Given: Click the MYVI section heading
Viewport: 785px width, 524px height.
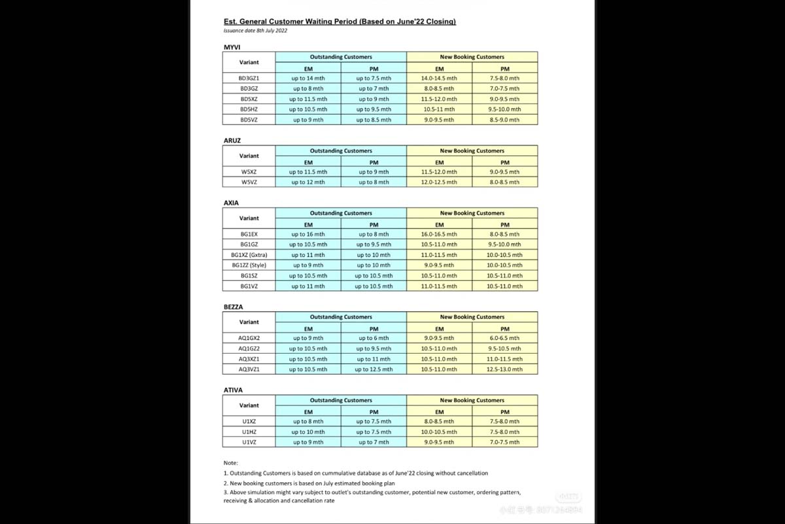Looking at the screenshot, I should [232, 47].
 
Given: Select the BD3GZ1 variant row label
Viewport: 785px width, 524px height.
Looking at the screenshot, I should [249, 78].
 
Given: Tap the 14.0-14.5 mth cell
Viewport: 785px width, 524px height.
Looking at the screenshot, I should [439, 78].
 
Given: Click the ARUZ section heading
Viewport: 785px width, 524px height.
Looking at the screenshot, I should [232, 140].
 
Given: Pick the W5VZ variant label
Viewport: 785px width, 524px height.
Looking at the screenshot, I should [249, 182].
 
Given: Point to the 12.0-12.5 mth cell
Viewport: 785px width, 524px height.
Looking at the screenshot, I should [439, 182].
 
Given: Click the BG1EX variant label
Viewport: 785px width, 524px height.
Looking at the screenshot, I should [249, 234].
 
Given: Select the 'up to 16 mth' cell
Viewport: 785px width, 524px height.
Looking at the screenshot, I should [308, 234].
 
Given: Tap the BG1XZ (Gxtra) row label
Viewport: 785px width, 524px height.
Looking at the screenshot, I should [249, 255].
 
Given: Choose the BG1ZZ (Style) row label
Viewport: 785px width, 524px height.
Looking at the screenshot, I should [249, 265].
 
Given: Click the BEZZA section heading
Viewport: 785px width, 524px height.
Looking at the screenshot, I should [234, 307].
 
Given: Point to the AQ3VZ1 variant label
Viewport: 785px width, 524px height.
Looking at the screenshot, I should [249, 369].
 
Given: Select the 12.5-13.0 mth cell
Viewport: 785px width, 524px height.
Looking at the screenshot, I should [504, 369].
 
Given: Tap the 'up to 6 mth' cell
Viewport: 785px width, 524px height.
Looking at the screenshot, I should [374, 338].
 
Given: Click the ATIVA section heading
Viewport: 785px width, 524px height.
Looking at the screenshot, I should [233, 390].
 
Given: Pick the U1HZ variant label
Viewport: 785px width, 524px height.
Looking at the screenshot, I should [249, 432].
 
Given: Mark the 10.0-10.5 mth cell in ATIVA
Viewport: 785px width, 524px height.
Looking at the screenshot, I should [439, 432].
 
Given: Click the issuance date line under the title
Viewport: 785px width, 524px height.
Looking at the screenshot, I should [255, 30].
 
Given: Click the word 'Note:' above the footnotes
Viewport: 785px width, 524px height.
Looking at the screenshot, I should [230, 462].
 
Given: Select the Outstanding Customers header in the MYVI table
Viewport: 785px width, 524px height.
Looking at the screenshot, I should [341, 57].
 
